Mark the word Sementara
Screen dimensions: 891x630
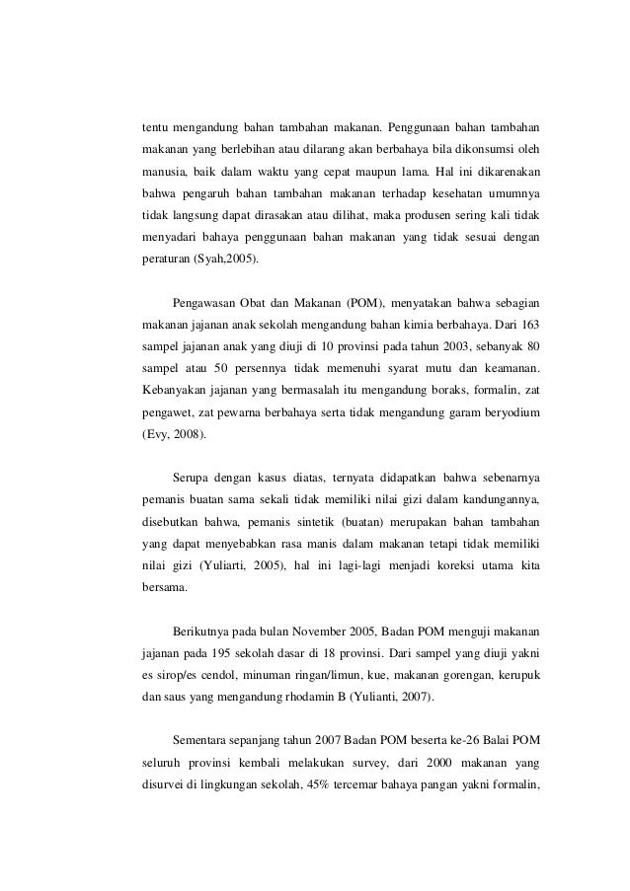click(207, 739)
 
